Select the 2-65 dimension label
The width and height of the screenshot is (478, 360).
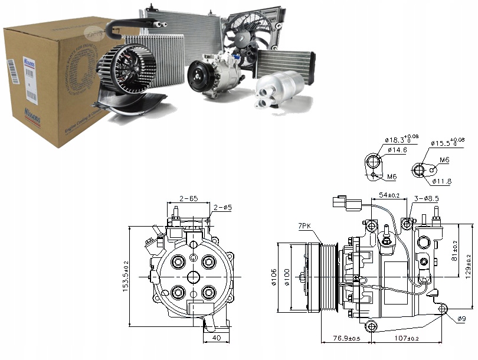(189, 199)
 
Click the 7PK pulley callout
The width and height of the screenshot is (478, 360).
(305, 226)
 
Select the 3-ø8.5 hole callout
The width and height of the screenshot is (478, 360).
(426, 199)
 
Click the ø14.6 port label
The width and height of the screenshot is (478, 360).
(397, 150)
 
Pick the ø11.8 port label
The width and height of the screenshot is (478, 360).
(441, 181)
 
